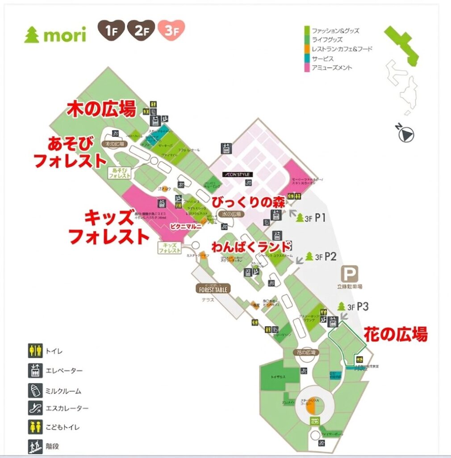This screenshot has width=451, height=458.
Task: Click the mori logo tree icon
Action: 32,35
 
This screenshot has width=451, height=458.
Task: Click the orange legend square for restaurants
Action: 306,49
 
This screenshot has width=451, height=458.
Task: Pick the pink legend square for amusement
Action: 306,68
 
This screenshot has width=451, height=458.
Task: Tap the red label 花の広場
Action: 396,334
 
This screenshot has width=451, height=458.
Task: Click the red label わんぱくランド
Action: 251,246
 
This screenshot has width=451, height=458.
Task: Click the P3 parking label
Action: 363,307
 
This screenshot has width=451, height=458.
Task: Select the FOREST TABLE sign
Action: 213,289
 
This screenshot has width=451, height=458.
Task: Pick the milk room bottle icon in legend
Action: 35,390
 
